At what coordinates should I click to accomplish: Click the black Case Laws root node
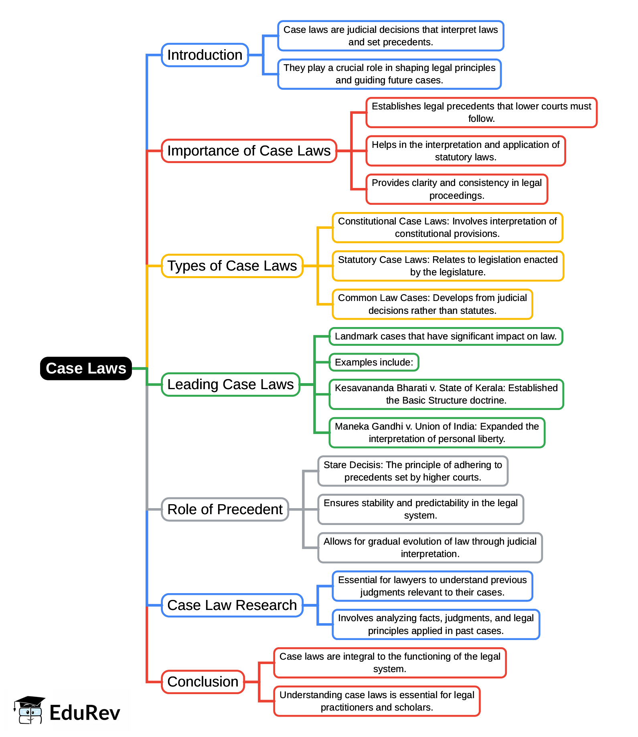(x=86, y=368)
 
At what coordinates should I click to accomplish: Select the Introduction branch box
(x=205, y=55)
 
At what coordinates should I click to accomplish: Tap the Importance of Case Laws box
(x=249, y=151)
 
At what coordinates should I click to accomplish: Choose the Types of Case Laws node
(x=232, y=266)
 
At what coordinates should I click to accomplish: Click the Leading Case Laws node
(x=230, y=384)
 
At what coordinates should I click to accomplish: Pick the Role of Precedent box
(x=225, y=509)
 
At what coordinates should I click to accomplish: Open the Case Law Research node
(x=232, y=605)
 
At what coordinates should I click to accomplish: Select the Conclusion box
(x=203, y=682)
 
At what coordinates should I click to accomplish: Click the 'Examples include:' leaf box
(x=374, y=362)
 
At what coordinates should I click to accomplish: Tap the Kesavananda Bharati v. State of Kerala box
(x=446, y=394)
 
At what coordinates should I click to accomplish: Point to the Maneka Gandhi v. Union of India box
(x=437, y=432)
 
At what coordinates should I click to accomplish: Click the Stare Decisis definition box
(x=413, y=471)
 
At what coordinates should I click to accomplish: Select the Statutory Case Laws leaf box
(x=448, y=266)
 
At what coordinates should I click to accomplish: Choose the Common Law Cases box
(x=432, y=304)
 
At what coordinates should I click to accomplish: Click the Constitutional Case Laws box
(x=447, y=227)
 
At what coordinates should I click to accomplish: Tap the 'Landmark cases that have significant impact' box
(x=446, y=336)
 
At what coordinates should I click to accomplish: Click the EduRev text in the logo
(x=85, y=713)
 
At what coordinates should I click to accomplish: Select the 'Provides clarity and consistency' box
(x=456, y=189)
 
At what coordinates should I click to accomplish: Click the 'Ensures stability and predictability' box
(x=420, y=509)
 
